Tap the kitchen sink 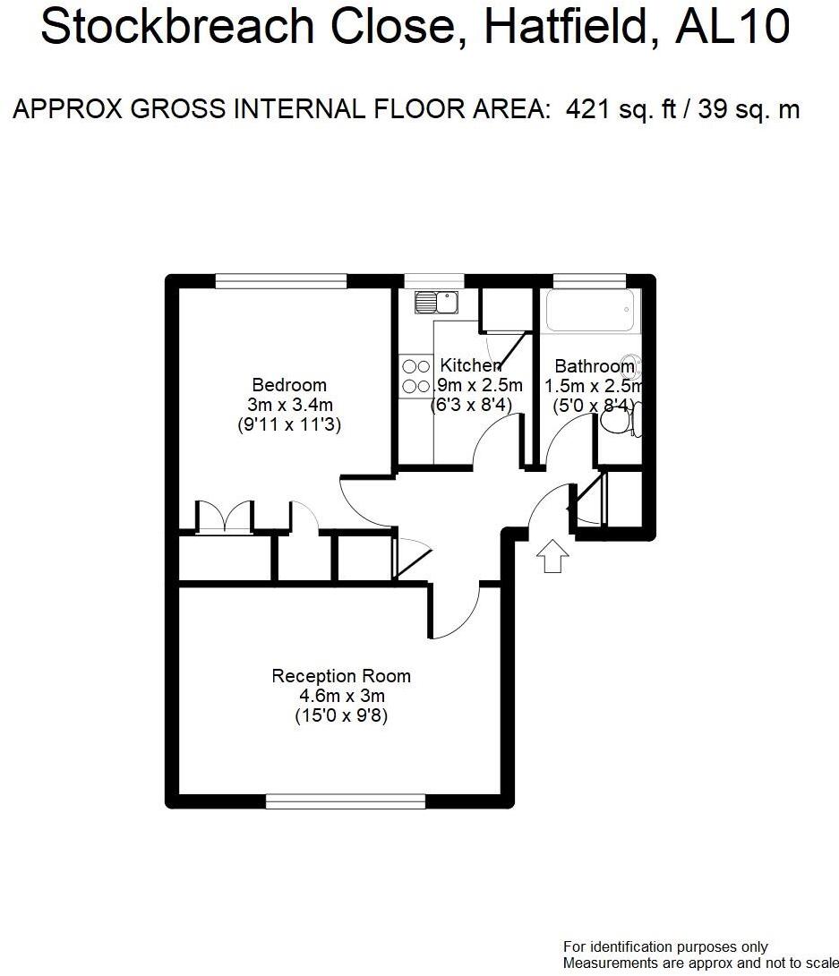(x=436, y=302)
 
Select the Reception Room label (x=341, y=676)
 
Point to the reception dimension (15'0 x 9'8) (x=341, y=715)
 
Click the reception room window (x=346, y=800)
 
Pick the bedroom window (x=280, y=281)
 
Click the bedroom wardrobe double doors (x=225, y=518)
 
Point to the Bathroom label (x=595, y=366)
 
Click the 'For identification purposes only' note (x=665, y=946)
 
